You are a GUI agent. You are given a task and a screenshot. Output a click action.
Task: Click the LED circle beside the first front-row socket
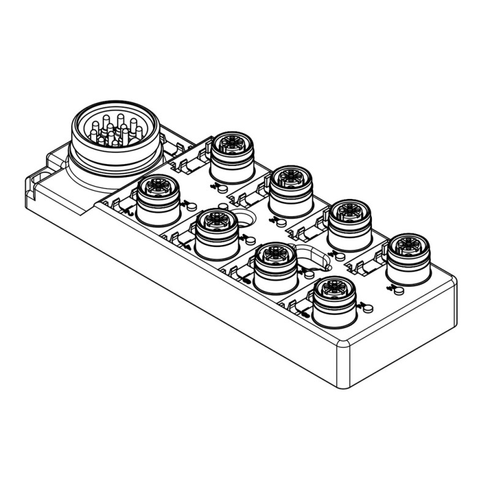[189, 204]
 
